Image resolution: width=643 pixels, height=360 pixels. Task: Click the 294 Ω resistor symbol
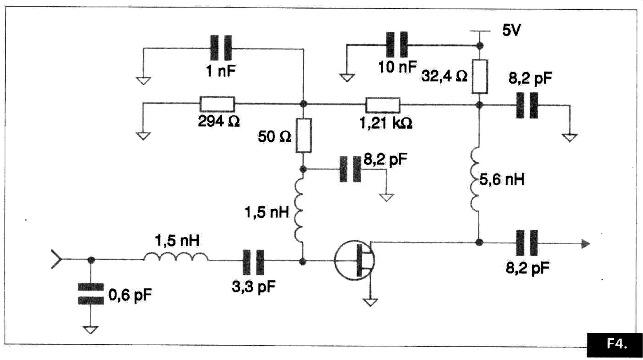pyautogui.click(x=217, y=104)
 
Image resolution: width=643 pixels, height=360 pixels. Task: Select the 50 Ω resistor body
pyautogui.click(x=304, y=136)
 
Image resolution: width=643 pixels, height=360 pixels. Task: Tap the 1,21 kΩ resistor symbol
pyautogui.click(x=383, y=105)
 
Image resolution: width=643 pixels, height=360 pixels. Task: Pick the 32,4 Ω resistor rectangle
pyautogui.click(x=480, y=77)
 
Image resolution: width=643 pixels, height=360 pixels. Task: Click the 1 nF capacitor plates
pyautogui.click(x=221, y=48)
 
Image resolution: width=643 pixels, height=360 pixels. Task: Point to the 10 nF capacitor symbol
pyautogui.click(x=397, y=44)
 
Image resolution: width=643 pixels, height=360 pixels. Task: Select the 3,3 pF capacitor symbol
pyautogui.click(x=254, y=262)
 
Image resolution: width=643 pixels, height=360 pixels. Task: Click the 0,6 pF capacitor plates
pyautogui.click(x=91, y=294)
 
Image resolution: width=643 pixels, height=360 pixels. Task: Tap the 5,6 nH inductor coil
pyautogui.click(x=475, y=180)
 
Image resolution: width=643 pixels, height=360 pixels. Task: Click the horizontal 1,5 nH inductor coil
pyautogui.click(x=176, y=257)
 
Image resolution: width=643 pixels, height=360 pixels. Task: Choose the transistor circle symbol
pyautogui.click(x=354, y=260)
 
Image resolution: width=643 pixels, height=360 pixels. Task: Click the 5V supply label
pyautogui.click(x=512, y=30)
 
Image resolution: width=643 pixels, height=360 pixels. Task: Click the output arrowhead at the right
pyautogui.click(x=586, y=244)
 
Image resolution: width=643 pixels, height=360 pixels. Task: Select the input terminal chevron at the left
pyautogui.click(x=56, y=259)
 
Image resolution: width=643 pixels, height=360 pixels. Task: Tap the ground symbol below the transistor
pyautogui.click(x=370, y=302)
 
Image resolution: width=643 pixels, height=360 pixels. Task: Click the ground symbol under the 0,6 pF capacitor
pyautogui.click(x=91, y=330)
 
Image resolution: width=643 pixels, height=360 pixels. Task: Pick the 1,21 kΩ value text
pyautogui.click(x=386, y=123)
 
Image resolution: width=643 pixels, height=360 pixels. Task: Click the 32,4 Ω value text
pyautogui.click(x=444, y=76)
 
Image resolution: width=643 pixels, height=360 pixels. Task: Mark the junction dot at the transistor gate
pyautogui.click(x=303, y=262)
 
